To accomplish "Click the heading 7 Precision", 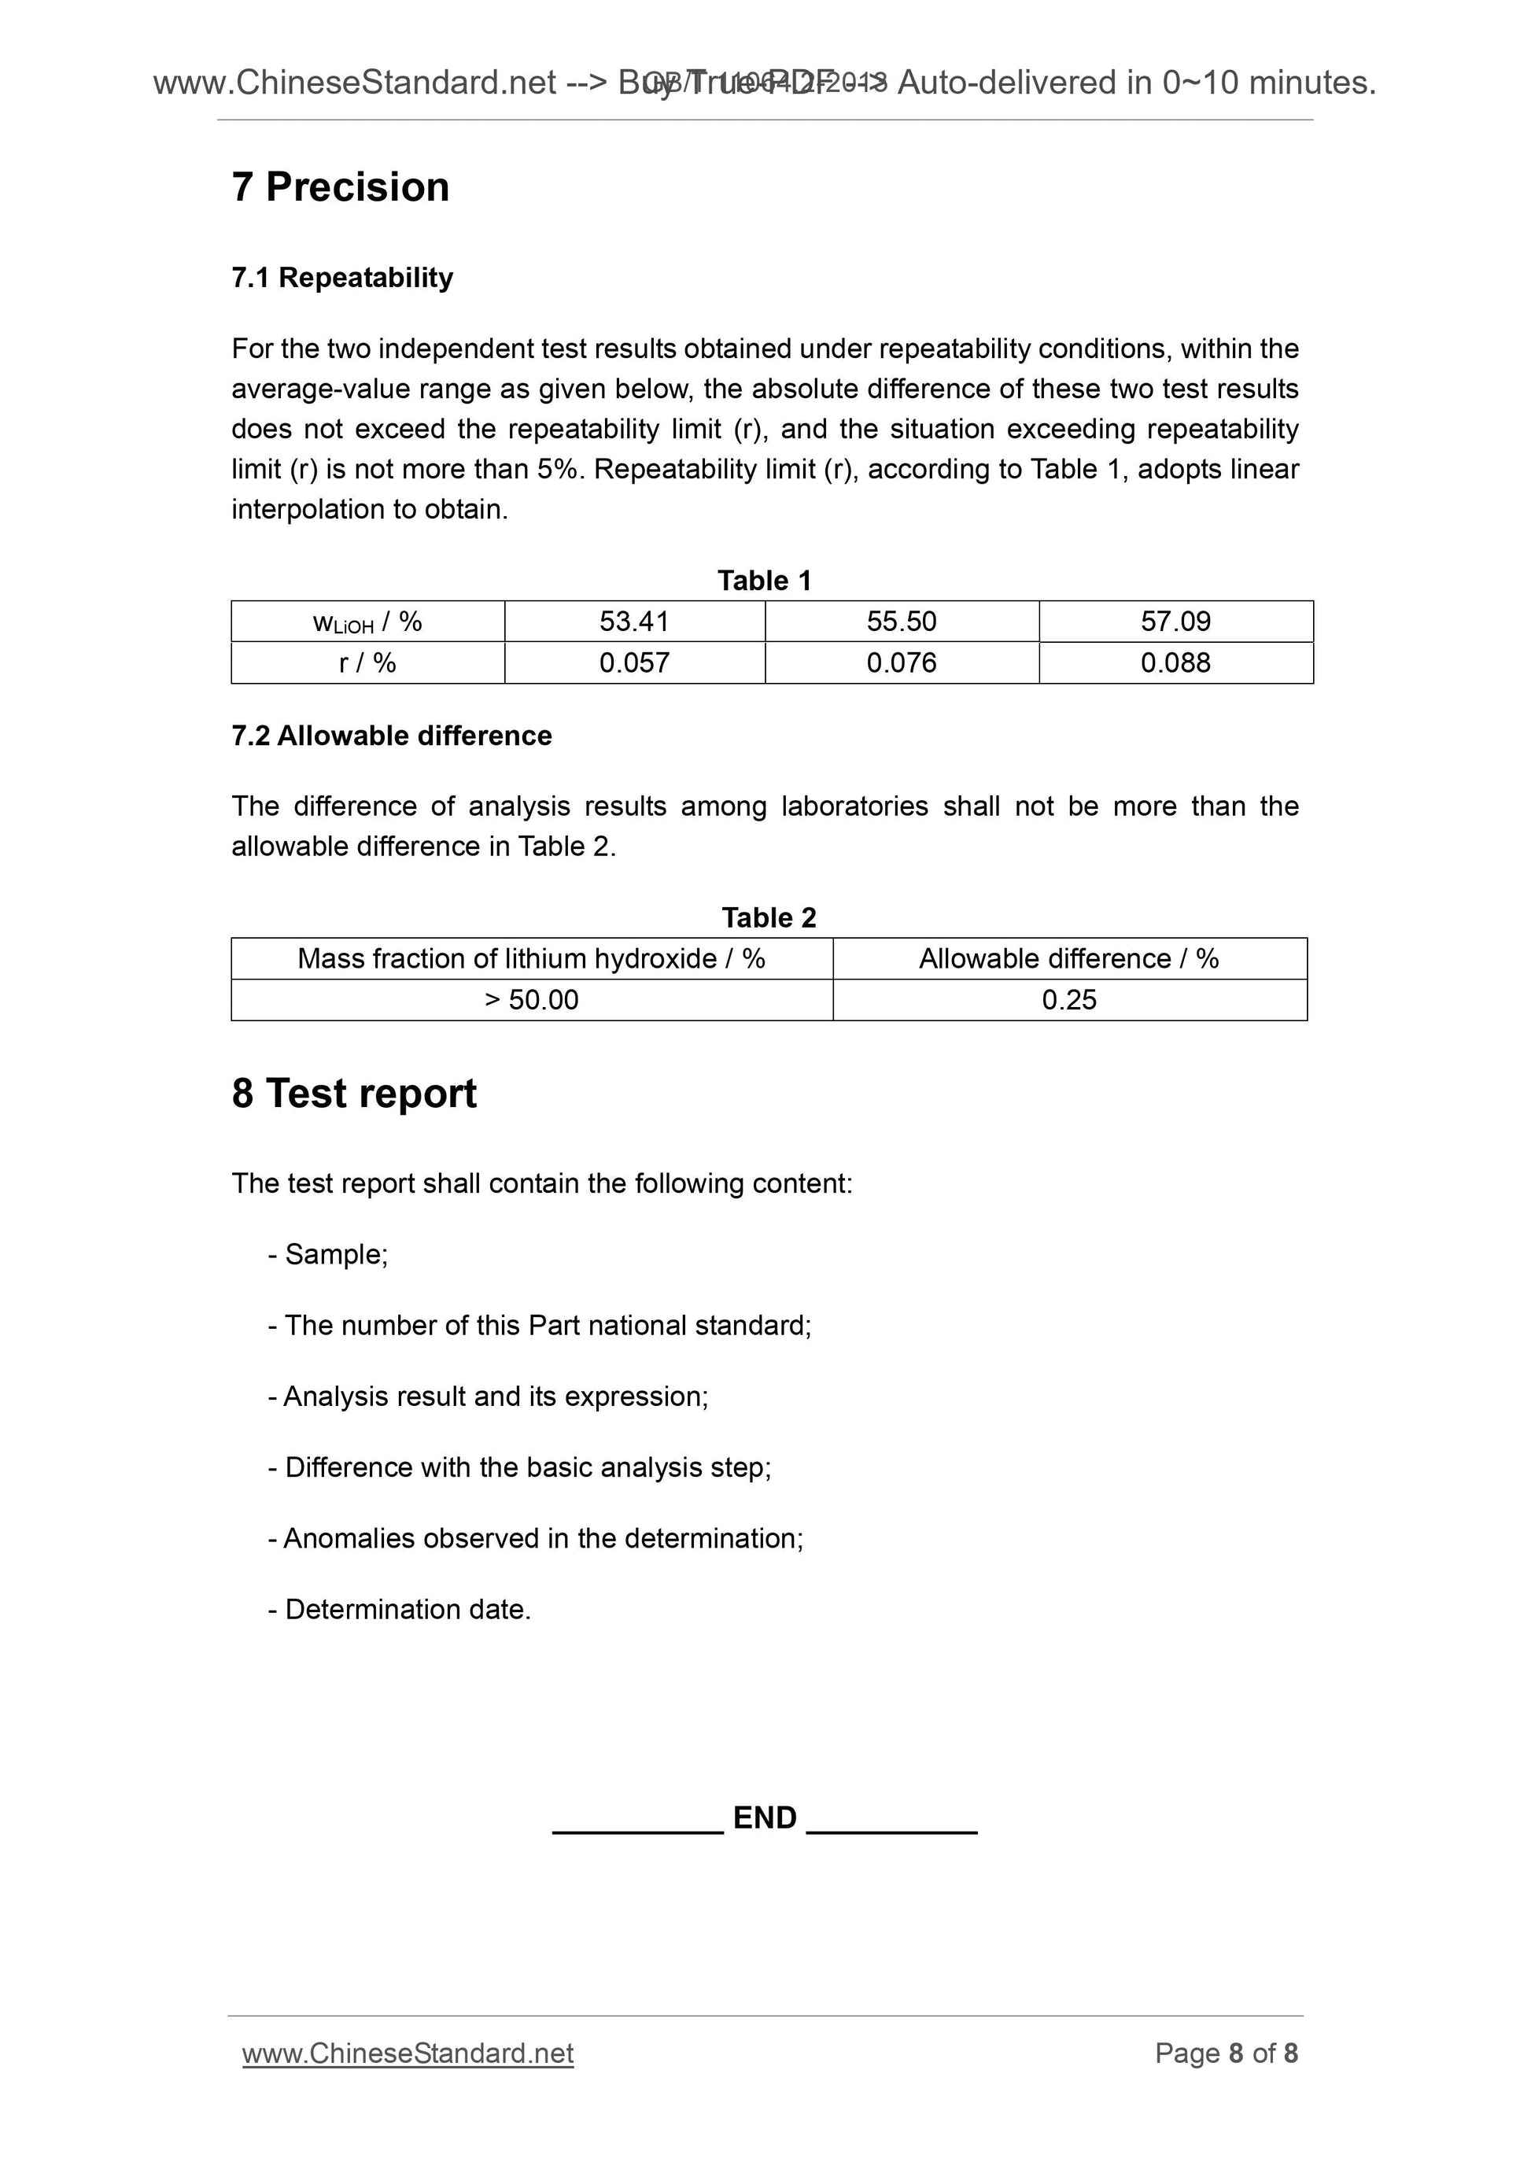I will tap(341, 186).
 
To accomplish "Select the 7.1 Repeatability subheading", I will tap(342, 278).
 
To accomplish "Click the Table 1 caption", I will tap(764, 580).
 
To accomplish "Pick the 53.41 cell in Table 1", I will tap(634, 622).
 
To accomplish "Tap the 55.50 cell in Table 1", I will tap(901, 622).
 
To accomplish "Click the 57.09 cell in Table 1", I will tap(1175, 622).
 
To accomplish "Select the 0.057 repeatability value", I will tap(634, 662).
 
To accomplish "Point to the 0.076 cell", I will tap(901, 662).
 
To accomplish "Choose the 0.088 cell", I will tap(1175, 662).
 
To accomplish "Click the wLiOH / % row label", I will tap(367, 622).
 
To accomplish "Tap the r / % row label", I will tap(367, 662).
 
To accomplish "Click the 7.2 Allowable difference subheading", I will tap(392, 735).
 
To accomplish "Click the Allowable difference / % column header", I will tap(1068, 958).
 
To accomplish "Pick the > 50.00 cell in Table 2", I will tap(531, 1000).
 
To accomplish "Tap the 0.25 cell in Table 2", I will tap(1068, 1000).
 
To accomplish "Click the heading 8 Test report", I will tap(354, 1094).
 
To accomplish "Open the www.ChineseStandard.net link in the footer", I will tap(408, 2053).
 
